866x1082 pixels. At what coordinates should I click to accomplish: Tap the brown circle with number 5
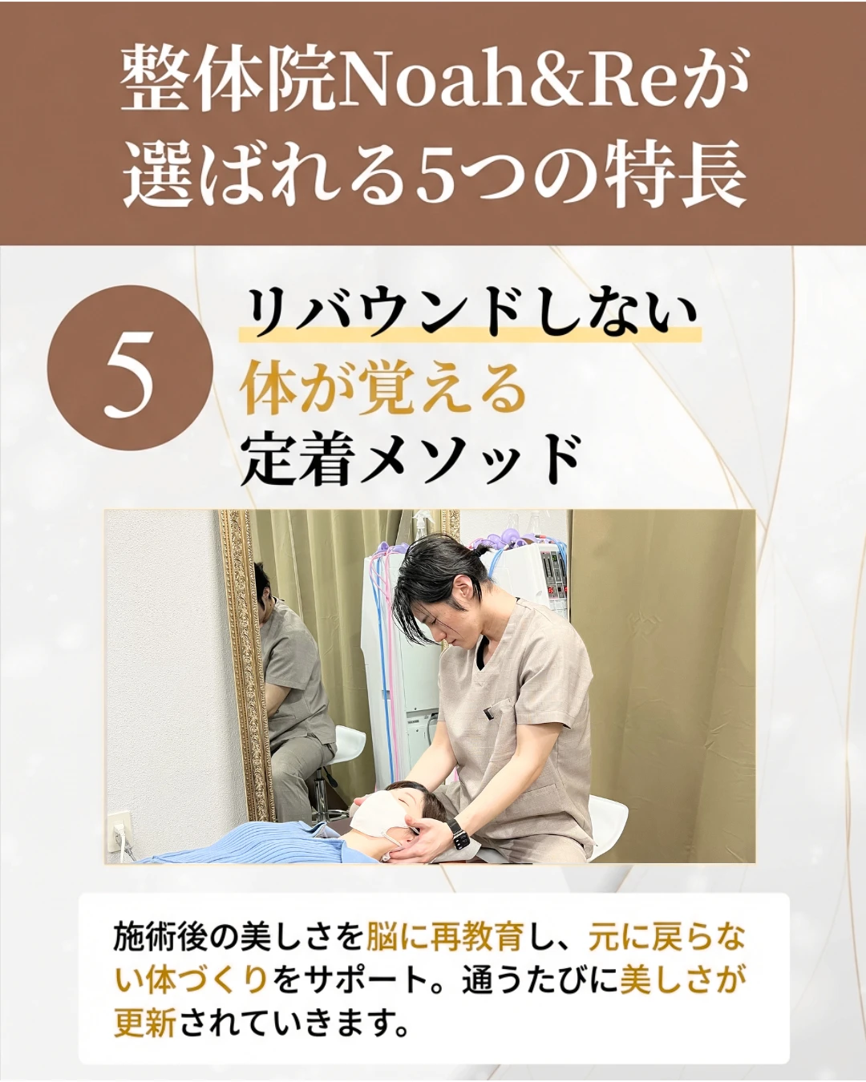click(131, 368)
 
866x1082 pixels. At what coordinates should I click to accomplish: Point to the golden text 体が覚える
click(383, 389)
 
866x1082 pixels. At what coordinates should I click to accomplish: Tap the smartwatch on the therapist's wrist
click(459, 834)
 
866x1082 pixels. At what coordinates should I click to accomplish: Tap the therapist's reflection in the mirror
click(293, 705)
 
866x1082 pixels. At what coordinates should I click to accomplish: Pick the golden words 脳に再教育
click(446, 936)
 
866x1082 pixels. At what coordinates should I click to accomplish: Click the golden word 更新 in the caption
click(144, 1023)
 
